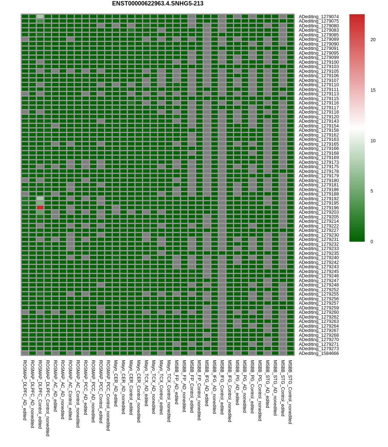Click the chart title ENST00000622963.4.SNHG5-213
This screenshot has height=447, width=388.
158,4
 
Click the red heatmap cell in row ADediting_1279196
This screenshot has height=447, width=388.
40,207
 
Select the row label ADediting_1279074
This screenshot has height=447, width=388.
318,17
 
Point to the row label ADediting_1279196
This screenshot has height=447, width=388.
318,208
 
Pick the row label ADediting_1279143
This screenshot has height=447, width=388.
318,121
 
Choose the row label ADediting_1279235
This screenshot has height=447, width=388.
318,253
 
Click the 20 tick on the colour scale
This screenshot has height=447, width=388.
373,40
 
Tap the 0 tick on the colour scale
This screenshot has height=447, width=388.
372,242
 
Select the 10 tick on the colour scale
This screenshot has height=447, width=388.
373,141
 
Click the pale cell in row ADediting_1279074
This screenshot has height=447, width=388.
40,16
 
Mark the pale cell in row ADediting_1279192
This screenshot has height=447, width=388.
40,198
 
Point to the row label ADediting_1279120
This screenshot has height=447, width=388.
318,117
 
